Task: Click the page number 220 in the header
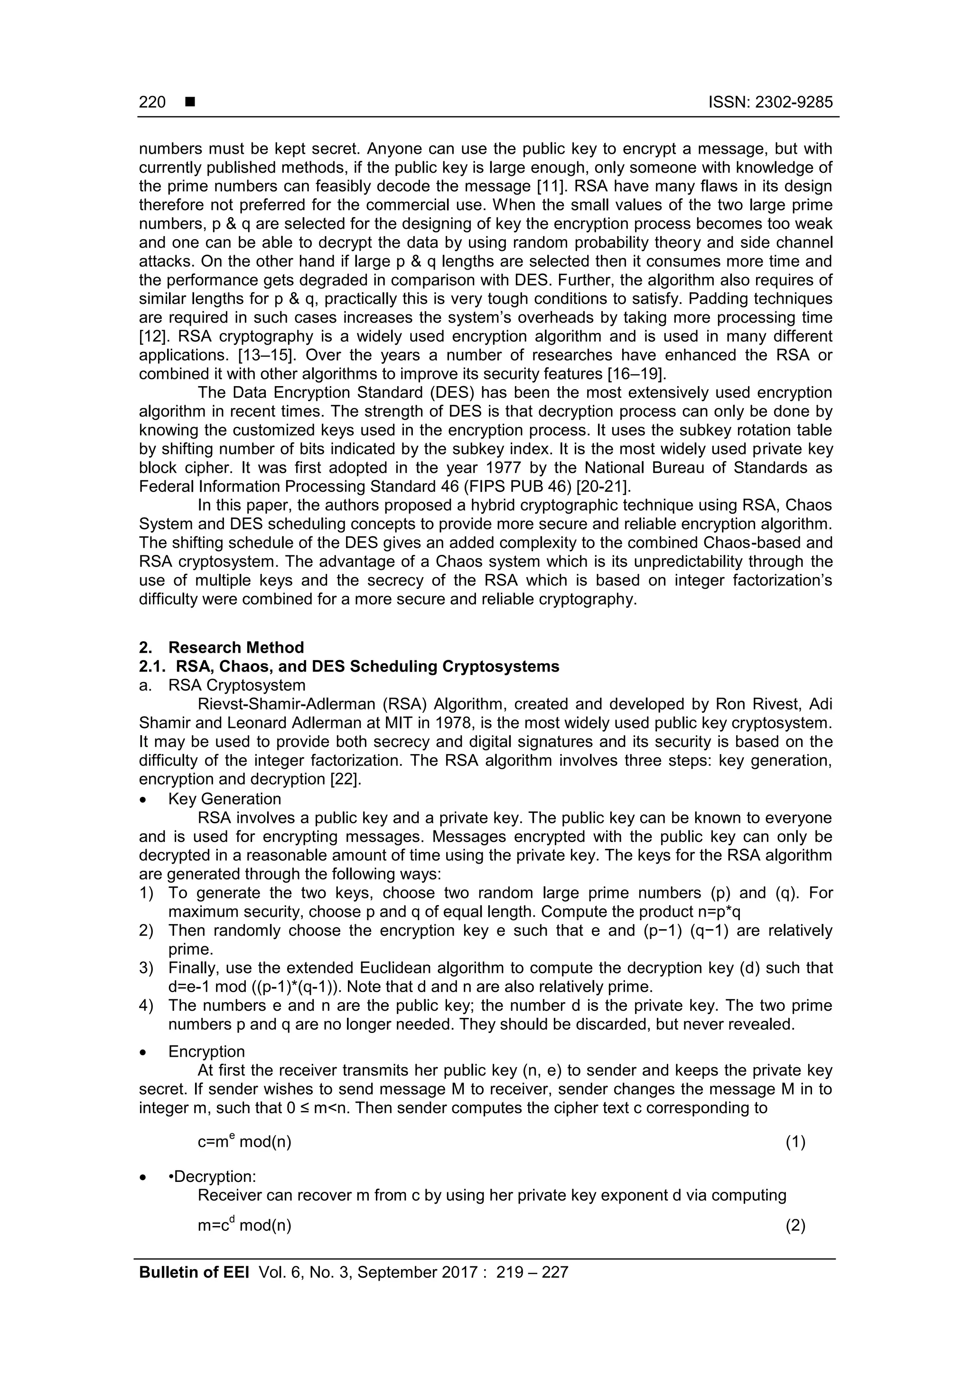pos(152,102)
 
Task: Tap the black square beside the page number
pos(190,102)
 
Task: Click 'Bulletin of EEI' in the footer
pos(194,1272)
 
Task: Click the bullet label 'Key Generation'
pos(224,798)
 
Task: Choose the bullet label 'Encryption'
pos(206,1051)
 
